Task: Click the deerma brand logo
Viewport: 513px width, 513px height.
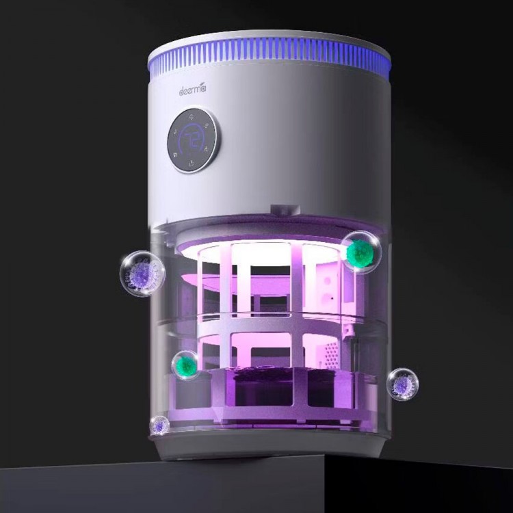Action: click(192, 90)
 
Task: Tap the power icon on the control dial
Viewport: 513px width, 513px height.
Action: click(191, 163)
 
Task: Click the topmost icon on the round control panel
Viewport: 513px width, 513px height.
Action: click(192, 116)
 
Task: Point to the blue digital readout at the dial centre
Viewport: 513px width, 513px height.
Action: click(192, 140)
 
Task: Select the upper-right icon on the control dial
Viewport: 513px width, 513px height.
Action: click(207, 124)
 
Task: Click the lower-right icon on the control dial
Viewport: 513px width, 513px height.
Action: click(207, 150)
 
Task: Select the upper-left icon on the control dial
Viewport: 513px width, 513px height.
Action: click(176, 133)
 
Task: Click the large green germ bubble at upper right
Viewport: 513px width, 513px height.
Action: click(360, 252)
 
